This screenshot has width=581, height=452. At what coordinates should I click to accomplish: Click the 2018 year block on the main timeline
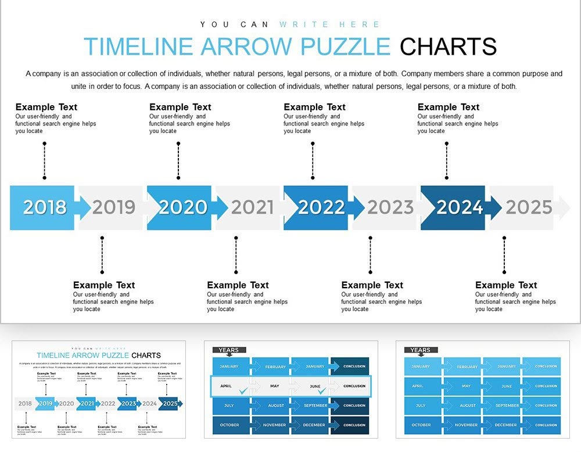44,207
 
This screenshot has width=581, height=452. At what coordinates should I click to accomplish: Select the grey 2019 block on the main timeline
114,207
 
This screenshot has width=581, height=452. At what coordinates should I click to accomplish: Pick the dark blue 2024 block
459,207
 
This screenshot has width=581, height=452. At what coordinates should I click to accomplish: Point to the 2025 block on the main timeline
529,207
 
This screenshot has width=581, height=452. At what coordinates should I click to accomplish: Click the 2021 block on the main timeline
252,207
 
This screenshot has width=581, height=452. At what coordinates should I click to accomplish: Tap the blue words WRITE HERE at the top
329,24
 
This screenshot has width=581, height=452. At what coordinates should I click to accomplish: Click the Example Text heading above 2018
46,107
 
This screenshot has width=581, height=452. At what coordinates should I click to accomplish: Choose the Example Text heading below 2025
506,285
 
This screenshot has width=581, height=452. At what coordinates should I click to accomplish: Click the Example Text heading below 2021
238,285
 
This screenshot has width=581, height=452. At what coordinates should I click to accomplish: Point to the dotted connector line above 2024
447,160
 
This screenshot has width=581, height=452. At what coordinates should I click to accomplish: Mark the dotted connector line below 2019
102,254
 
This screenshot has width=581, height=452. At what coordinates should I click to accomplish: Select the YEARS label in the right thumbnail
420,350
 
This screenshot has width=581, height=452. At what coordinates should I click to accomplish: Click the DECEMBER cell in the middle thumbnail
314,425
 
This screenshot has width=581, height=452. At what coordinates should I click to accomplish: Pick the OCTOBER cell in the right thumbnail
421,425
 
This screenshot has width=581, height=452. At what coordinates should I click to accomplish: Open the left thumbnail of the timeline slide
99,389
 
